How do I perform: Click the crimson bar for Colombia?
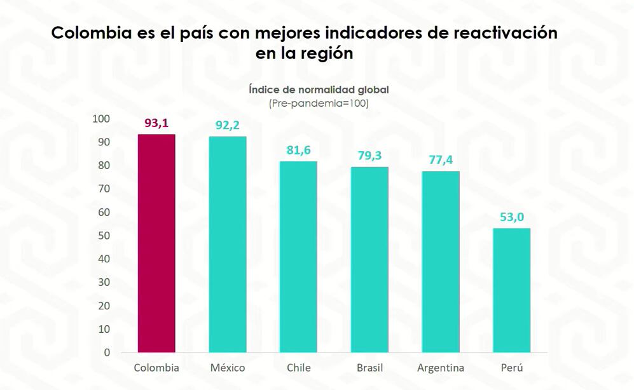pyautogui.click(x=156, y=243)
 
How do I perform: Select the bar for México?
pyautogui.click(x=228, y=245)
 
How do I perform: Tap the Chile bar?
pyautogui.click(x=298, y=257)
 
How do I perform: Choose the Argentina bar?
pyautogui.click(x=441, y=262)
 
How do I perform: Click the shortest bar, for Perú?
pyautogui.click(x=512, y=290)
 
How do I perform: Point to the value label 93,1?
pyautogui.click(x=156, y=123)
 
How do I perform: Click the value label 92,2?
pyautogui.click(x=228, y=126)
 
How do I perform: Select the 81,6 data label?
pyautogui.click(x=298, y=151)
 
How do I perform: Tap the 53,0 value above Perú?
pyautogui.click(x=512, y=217)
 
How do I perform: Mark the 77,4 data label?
pyautogui.click(x=441, y=160)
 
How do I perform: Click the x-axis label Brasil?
pyautogui.click(x=369, y=368)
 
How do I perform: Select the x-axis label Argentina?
pyautogui.click(x=441, y=368)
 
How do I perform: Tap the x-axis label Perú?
pyautogui.click(x=512, y=368)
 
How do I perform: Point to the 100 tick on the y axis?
pyautogui.click(x=101, y=119)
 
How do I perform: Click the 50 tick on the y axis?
pyautogui.click(x=103, y=236)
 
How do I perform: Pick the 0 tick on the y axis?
pyautogui.click(x=107, y=353)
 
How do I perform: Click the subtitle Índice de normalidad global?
pyautogui.click(x=319, y=90)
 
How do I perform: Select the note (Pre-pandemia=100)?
pyautogui.click(x=319, y=103)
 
